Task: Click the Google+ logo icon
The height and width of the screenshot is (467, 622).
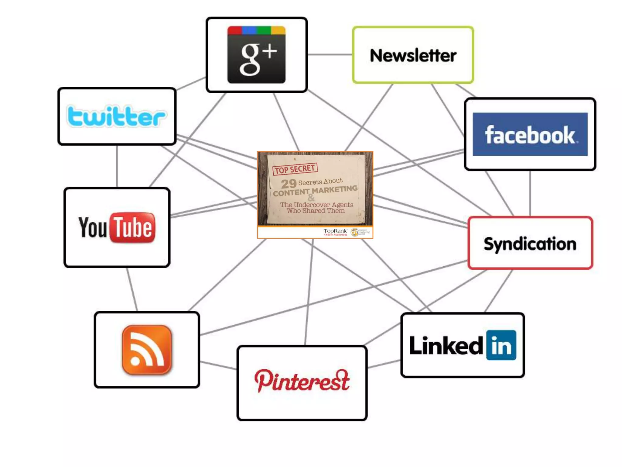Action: point(256,55)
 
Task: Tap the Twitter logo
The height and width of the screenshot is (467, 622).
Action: point(116,116)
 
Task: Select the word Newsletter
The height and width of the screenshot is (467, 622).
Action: point(413,55)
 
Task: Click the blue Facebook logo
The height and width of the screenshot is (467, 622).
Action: point(530,134)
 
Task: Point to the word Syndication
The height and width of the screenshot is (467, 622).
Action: point(530,244)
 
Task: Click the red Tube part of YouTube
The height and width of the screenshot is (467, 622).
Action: point(132,227)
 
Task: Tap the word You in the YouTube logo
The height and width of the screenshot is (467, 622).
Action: point(93,227)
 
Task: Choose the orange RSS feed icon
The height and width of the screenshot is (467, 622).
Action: point(147,350)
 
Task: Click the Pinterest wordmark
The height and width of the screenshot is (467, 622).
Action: point(302,381)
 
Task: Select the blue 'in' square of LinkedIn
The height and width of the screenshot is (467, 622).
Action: point(501,345)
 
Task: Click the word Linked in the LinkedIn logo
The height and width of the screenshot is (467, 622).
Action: point(446,346)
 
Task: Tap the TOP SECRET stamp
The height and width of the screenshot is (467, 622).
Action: point(295,169)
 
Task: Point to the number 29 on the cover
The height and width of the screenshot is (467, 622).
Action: point(289,184)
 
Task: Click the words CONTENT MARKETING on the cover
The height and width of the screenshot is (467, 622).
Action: point(315,191)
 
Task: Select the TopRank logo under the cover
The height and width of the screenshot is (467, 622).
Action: point(335,232)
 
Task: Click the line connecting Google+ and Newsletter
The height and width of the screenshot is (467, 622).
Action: point(330,54)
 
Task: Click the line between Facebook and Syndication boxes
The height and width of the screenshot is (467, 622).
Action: point(530,193)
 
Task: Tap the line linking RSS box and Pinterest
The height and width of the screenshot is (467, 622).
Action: point(218,365)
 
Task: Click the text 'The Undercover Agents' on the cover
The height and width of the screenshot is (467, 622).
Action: point(316,205)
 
